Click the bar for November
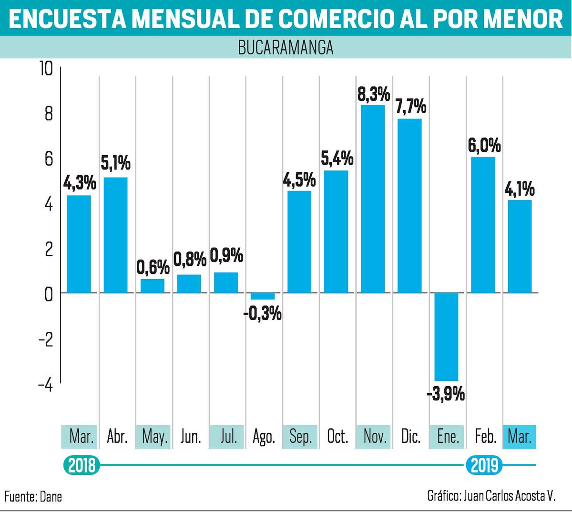pos(373,199)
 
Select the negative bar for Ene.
pos(446,337)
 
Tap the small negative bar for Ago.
pos(263,296)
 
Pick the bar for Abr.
pos(115,235)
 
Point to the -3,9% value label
pos(446,394)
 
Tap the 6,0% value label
pos(484,146)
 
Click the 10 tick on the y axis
pos(47,69)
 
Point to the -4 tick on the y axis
pos(46,386)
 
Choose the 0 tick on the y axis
pos(49,294)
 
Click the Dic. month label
pos(410,437)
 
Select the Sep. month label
pos(300,437)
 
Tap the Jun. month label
pos(191,437)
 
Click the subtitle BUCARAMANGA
pos(286,47)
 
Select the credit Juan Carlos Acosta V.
pos(509,496)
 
